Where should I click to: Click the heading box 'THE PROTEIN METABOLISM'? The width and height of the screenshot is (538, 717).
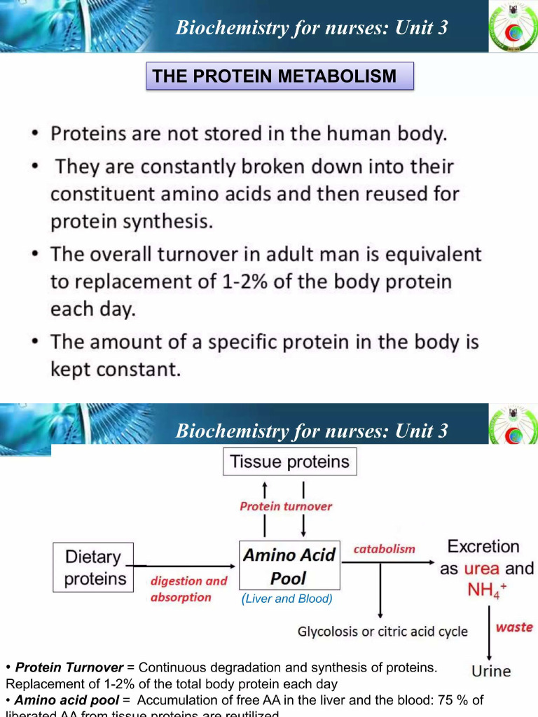[280, 76]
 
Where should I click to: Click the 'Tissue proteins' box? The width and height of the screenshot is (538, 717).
[290, 462]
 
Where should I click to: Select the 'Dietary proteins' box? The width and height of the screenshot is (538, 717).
[93, 567]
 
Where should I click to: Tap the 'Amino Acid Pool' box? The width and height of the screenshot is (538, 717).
[289, 566]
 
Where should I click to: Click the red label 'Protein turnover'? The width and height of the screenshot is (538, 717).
[286, 506]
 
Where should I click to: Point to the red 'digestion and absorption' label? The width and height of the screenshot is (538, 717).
[189, 589]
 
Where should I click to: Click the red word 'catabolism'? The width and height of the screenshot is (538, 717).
[384, 550]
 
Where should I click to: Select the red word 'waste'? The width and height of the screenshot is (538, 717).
[513, 627]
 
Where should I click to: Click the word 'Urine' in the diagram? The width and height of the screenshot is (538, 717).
[491, 671]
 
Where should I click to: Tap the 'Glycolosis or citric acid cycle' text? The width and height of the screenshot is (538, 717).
[382, 632]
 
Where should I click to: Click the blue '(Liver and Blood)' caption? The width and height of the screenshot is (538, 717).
[287, 599]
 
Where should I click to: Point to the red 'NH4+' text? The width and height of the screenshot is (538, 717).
[486, 591]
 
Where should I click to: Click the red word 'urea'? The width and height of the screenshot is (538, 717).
[482, 569]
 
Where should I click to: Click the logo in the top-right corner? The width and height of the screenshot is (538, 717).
[513, 26]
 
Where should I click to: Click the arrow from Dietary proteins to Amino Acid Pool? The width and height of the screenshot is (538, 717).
[186, 566]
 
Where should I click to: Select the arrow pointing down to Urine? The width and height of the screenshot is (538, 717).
[488, 630]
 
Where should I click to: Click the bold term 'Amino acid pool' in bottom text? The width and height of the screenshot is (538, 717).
[67, 700]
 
